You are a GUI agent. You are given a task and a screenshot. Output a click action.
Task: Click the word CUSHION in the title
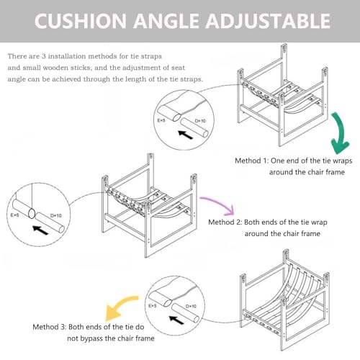(81, 21)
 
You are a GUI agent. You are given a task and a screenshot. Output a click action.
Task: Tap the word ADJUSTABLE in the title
(268, 21)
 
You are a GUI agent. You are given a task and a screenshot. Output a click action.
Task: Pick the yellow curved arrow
(120, 308)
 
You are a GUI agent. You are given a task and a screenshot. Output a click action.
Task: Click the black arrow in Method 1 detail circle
(186, 135)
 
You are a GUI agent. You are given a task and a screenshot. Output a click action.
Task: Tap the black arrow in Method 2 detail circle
(40, 230)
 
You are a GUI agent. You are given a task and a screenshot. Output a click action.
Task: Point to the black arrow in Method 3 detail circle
(176, 320)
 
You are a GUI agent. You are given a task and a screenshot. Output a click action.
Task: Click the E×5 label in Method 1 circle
(161, 120)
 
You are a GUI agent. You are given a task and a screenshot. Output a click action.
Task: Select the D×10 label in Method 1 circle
(200, 121)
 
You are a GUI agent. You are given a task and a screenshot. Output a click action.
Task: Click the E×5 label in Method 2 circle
(14, 215)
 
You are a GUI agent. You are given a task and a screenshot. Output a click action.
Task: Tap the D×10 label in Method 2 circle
(56, 215)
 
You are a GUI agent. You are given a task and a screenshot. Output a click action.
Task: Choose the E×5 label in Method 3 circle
(153, 306)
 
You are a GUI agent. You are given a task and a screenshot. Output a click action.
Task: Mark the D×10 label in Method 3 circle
(191, 306)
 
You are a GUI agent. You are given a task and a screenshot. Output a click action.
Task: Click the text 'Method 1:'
(251, 161)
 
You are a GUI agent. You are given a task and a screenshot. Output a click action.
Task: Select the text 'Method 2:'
(225, 222)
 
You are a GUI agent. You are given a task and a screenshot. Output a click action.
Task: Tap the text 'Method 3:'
(49, 327)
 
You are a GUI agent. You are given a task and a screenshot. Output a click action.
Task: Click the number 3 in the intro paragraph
(44, 56)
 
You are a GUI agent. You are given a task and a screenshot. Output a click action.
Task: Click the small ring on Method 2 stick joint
(32, 213)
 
